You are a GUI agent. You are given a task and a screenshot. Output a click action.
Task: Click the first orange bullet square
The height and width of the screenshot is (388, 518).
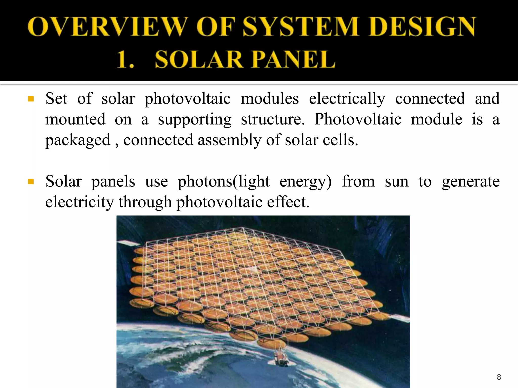31,99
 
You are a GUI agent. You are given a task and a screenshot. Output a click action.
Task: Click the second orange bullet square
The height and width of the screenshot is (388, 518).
31,182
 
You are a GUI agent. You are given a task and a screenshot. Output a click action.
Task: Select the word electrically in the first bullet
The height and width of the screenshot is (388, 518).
347,99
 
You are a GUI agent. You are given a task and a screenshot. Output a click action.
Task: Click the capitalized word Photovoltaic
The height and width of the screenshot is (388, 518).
358,119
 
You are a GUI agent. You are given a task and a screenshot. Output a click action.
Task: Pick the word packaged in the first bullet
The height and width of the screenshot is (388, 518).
78,140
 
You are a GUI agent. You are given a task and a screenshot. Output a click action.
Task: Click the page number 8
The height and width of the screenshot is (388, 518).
499,377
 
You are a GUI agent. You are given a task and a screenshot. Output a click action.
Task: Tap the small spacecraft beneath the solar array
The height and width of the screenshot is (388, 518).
281,359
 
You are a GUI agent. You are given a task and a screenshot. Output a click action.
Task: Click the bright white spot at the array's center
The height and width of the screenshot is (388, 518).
254,270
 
